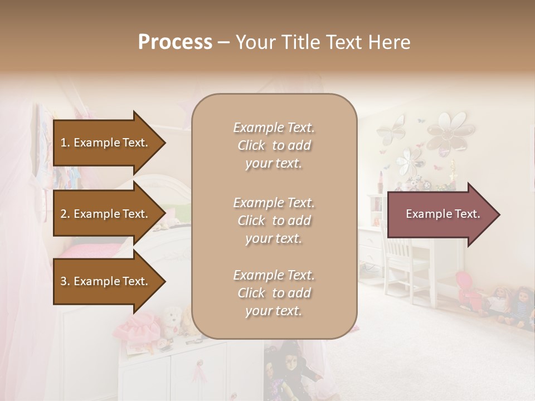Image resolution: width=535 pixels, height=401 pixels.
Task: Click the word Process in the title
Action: pos(175,42)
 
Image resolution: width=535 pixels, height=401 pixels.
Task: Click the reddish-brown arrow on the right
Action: pos(443,214)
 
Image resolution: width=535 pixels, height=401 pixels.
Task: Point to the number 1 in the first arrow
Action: pos(64,143)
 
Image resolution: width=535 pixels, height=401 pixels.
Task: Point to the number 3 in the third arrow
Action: pos(64,281)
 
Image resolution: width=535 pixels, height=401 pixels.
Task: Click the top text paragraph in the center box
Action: pos(274,145)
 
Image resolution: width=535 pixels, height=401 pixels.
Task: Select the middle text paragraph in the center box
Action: pos(274,221)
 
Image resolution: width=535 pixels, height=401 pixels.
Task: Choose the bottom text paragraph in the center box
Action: pos(274,293)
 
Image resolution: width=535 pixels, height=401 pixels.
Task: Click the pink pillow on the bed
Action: pos(89,251)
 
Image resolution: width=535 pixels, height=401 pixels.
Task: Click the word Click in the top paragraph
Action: pos(251,145)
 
